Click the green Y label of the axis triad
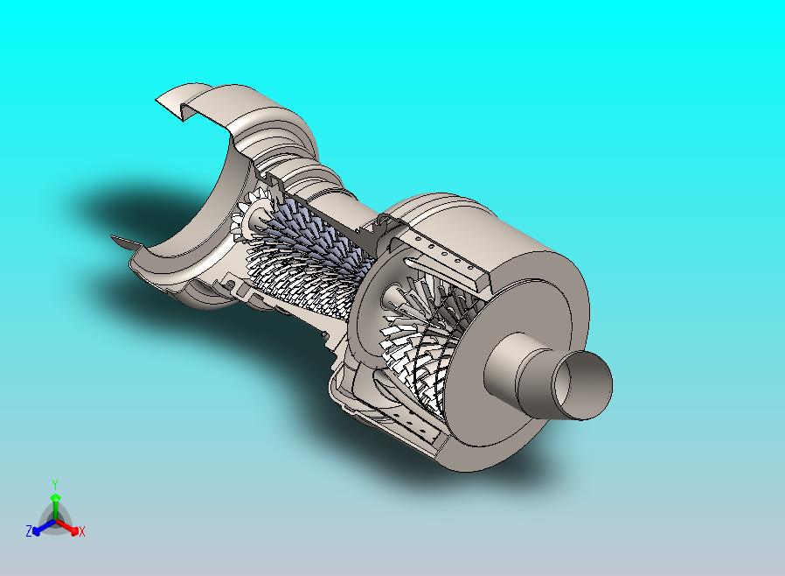(x=55, y=484)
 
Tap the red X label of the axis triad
(x=82, y=531)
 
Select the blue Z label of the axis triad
(x=29, y=530)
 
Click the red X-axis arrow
(x=66, y=526)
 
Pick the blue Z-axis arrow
(x=44, y=527)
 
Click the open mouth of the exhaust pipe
(x=581, y=385)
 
